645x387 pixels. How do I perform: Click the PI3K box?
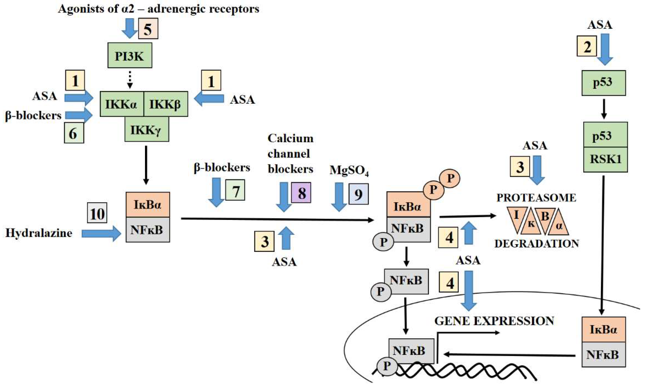130,55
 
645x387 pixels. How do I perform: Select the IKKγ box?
147,129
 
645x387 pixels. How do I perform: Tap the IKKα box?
122,104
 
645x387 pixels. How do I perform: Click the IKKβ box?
166,104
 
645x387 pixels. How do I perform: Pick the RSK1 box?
606,160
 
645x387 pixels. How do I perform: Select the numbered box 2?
587,46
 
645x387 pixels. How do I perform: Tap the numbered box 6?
74,133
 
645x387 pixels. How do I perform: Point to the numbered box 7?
235,190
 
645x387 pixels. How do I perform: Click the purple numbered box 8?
301,192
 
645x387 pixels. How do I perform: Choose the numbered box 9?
359,194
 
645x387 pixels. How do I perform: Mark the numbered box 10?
97,213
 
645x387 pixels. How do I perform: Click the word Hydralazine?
39,233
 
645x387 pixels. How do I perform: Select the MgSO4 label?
349,171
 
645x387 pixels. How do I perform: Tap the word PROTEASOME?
536,198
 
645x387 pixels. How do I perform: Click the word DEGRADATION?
537,244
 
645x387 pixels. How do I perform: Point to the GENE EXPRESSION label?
494,321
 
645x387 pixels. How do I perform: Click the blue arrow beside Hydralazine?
101,233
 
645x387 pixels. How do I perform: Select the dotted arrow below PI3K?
130,80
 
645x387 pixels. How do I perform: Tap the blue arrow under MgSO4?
339,197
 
